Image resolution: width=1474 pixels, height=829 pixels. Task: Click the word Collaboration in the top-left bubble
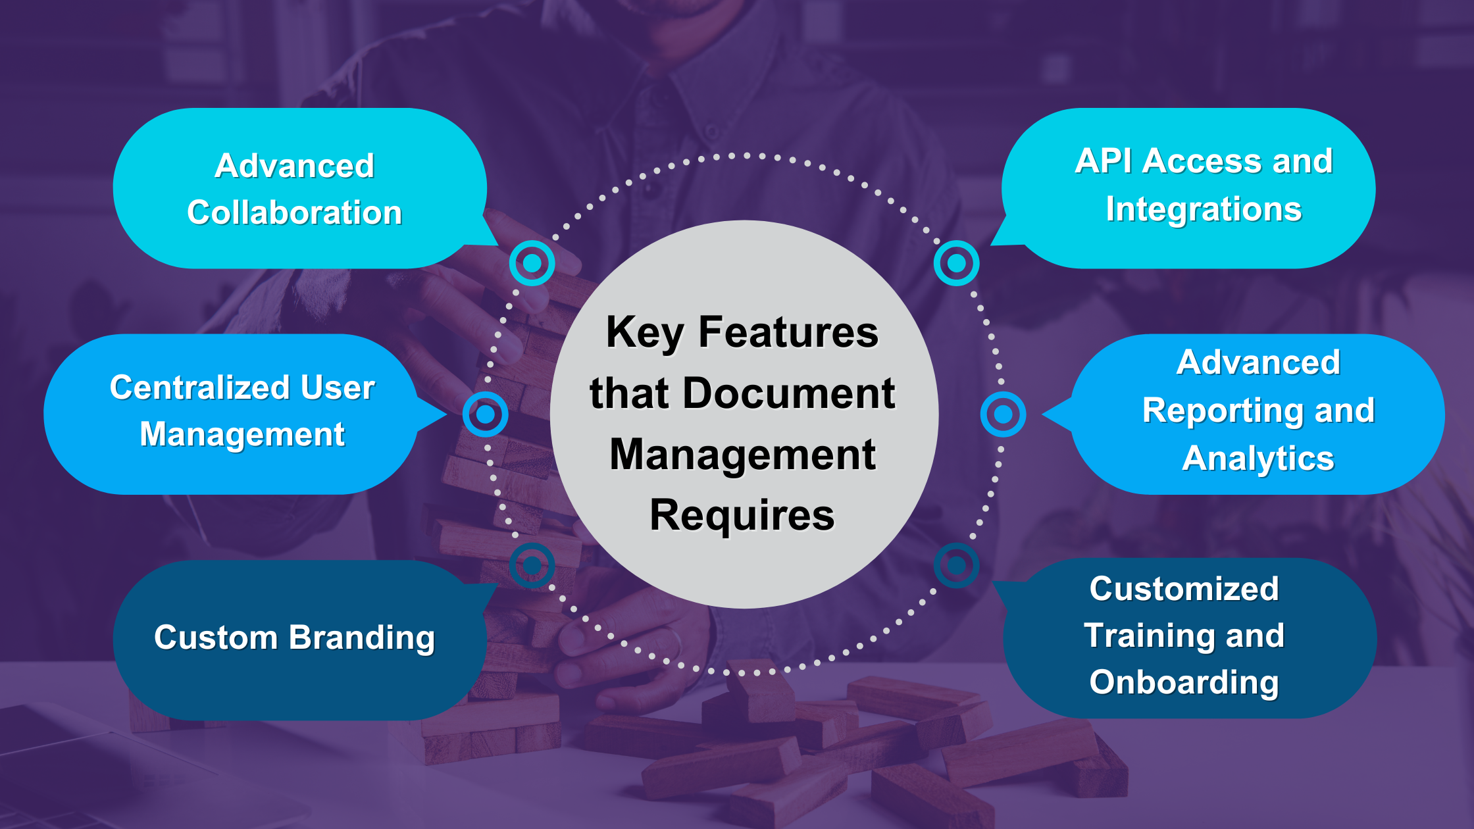click(294, 213)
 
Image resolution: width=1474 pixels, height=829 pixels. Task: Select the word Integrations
click(1204, 209)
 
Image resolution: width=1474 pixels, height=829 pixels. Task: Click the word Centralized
click(199, 387)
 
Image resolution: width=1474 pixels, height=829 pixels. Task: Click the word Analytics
click(1258, 459)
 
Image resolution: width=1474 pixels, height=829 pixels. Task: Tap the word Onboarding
click(1184, 682)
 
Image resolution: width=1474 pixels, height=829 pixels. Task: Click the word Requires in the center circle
click(742, 515)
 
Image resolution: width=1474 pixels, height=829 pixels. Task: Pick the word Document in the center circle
click(789, 393)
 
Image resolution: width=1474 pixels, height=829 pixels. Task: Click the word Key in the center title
click(644, 332)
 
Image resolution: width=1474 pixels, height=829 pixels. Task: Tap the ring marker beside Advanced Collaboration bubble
click(532, 263)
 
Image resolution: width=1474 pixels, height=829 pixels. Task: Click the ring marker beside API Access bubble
click(956, 263)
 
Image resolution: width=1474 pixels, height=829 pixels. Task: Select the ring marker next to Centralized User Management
click(485, 414)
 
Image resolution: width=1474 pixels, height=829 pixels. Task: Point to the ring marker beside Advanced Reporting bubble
click(1003, 414)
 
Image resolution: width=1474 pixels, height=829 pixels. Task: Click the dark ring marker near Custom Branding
click(532, 565)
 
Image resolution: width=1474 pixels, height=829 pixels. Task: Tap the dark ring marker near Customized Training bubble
click(956, 565)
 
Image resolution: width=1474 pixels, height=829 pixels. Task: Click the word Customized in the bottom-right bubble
click(1184, 588)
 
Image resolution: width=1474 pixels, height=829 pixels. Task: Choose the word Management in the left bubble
click(242, 434)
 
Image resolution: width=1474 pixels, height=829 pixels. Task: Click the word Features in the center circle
click(788, 332)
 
